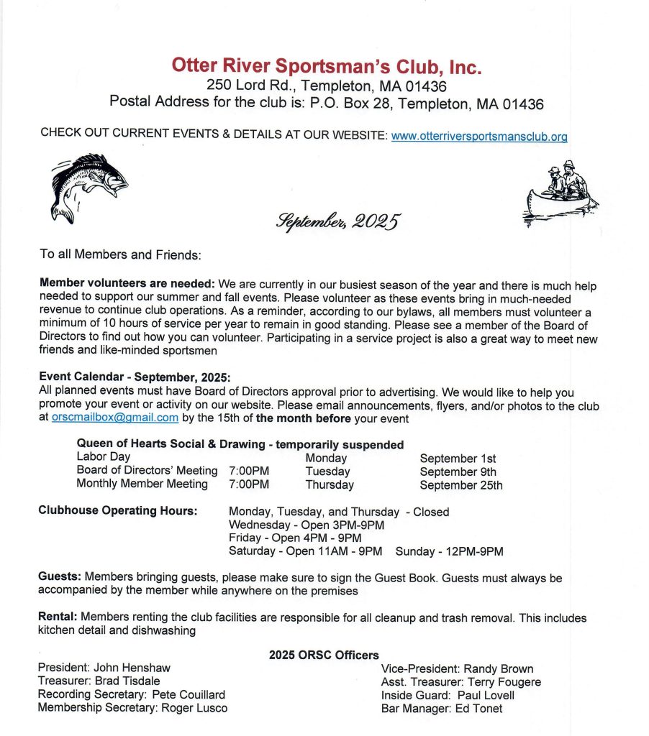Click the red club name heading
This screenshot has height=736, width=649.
click(326, 66)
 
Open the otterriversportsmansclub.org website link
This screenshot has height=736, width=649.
click(479, 135)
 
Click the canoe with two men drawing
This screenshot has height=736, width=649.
click(559, 195)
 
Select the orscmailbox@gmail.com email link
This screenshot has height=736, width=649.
click(115, 418)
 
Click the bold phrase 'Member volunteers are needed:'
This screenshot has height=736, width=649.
click(127, 285)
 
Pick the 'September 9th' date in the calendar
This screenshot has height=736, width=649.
click(458, 471)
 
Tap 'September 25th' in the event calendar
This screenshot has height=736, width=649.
click(461, 485)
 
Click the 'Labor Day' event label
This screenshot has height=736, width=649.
click(103, 457)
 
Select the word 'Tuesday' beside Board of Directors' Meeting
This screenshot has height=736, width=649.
click(327, 471)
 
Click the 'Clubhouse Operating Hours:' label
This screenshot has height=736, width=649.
click(117, 512)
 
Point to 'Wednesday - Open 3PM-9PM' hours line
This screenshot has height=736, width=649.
click(306, 525)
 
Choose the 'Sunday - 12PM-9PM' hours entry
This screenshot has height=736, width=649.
click(449, 551)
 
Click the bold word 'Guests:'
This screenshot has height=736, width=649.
click(60, 577)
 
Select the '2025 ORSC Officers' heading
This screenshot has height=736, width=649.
click(323, 655)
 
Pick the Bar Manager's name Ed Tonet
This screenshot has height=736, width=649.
click(478, 709)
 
